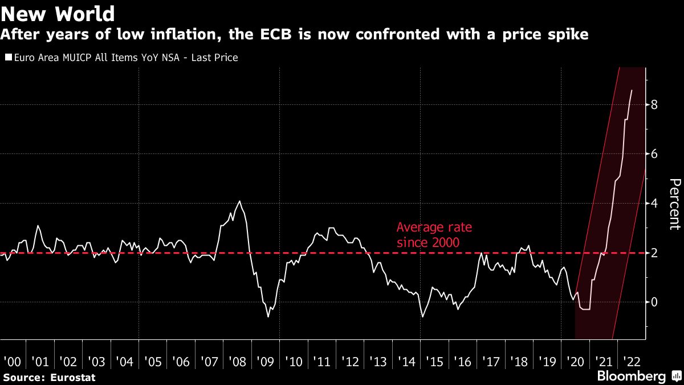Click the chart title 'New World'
coord(58,13)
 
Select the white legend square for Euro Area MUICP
coord(7,58)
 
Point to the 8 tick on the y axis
coord(655,105)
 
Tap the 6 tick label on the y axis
coord(655,154)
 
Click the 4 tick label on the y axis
coord(655,204)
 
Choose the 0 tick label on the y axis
coord(655,302)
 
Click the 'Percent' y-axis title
coord(674,204)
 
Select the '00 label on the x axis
coord(12,362)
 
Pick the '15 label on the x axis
coord(435,362)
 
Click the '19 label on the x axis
coord(547,362)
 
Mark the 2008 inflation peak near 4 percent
coord(239,201)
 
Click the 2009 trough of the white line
coord(268,316)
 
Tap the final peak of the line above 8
coord(631,90)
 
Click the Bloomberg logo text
coord(631,376)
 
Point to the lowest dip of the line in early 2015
coord(422,317)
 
